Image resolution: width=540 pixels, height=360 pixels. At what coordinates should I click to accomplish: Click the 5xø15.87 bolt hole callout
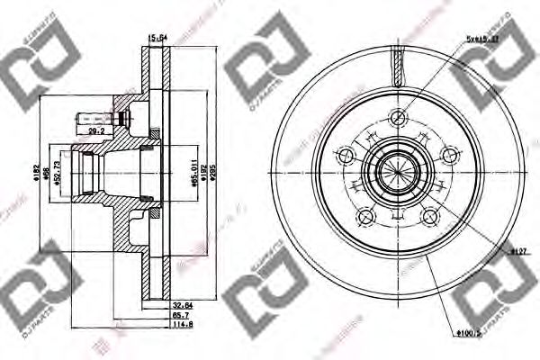pos(481,40)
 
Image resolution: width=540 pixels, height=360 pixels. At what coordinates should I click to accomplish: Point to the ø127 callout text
pos(517,252)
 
